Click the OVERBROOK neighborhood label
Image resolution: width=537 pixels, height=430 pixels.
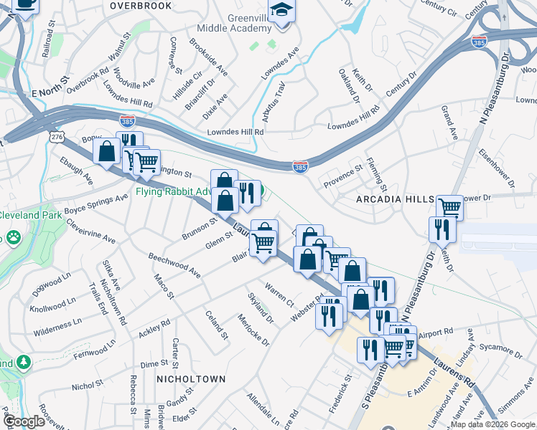141,6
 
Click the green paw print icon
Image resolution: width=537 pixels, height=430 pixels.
13,237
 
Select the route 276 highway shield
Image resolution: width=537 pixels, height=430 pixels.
57,136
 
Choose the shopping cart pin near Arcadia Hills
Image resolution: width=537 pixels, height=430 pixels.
449,208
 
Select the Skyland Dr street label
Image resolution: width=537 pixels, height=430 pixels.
260,308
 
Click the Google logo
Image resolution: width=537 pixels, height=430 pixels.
23,422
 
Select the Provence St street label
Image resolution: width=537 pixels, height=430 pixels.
343,176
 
